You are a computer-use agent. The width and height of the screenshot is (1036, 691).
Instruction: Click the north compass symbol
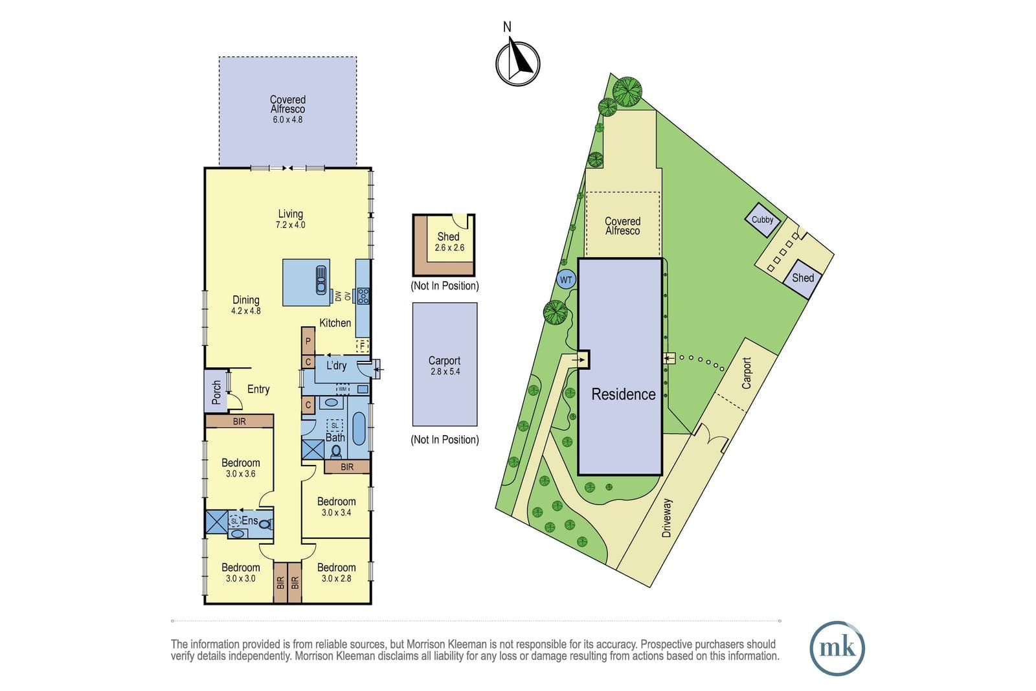coord(517,63)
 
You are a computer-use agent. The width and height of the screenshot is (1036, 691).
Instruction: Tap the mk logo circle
coord(837,648)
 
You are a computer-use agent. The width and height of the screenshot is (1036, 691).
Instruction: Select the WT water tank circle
coord(566,280)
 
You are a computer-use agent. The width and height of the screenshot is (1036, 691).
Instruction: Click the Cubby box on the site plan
coord(763,220)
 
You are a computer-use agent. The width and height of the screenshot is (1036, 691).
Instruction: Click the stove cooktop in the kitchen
coord(363,296)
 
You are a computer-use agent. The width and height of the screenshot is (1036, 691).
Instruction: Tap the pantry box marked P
coord(308,341)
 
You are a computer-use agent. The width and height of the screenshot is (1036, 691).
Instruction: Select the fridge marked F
coord(362,346)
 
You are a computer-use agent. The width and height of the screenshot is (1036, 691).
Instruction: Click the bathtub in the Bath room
coord(359,428)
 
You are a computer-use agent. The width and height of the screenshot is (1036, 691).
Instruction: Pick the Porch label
coord(216,392)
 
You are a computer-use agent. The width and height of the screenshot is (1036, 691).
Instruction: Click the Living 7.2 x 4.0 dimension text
coord(291,225)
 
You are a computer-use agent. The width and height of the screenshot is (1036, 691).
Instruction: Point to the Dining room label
coord(245,300)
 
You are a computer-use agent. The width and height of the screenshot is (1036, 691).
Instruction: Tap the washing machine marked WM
coord(343,389)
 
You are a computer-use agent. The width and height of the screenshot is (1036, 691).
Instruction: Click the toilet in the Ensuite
coord(265,525)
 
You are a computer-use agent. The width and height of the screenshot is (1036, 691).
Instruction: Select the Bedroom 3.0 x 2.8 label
coord(336,572)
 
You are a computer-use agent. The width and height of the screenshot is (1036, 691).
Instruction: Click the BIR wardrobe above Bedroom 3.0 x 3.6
coord(240,422)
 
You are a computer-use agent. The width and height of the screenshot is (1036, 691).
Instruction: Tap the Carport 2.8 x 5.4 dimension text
coord(445,371)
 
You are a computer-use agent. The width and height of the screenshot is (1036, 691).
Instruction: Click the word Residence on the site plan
coord(624,394)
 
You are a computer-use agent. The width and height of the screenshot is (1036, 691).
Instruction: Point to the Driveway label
coord(666,518)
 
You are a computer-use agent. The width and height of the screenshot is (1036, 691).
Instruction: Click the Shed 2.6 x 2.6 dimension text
coord(449,248)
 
